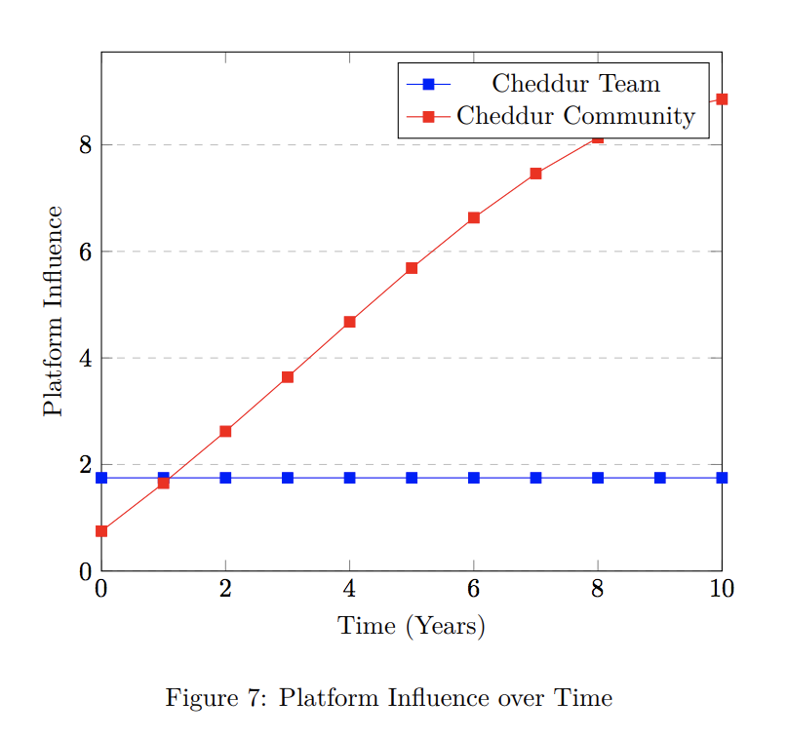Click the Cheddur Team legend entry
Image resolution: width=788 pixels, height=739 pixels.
[x=575, y=84]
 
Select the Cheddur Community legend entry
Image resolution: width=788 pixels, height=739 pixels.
[x=575, y=117]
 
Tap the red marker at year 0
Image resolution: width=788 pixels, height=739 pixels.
[x=101, y=531]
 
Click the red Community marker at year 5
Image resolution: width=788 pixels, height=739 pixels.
[x=412, y=268]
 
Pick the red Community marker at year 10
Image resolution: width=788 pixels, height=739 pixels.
[x=722, y=99]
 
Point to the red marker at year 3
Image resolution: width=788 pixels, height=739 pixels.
[x=288, y=377]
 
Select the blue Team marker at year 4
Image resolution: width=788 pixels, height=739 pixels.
[x=349, y=478]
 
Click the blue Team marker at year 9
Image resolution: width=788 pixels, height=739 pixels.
[x=660, y=478]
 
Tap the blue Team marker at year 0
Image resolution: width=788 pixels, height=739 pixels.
[x=101, y=478]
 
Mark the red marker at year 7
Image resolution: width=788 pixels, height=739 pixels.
[x=535, y=174]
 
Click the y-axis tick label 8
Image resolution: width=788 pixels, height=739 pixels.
[x=85, y=145]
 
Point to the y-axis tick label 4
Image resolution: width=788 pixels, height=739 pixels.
[x=85, y=358]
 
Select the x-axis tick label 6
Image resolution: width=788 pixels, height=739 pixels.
[x=474, y=588]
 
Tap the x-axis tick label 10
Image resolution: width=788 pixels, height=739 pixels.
[x=722, y=588]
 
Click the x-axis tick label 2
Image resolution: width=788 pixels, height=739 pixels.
[x=225, y=588]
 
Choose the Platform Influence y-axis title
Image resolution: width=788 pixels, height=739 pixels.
[x=54, y=311]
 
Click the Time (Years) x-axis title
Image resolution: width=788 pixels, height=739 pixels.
[x=412, y=626]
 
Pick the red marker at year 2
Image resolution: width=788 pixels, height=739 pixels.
[x=225, y=431]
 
